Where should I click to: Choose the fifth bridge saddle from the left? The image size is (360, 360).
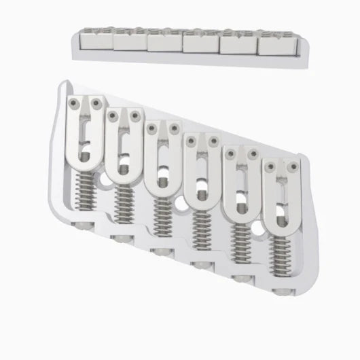239,183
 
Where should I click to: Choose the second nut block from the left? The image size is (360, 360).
130,43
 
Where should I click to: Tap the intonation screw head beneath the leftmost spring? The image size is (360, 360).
84,223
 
